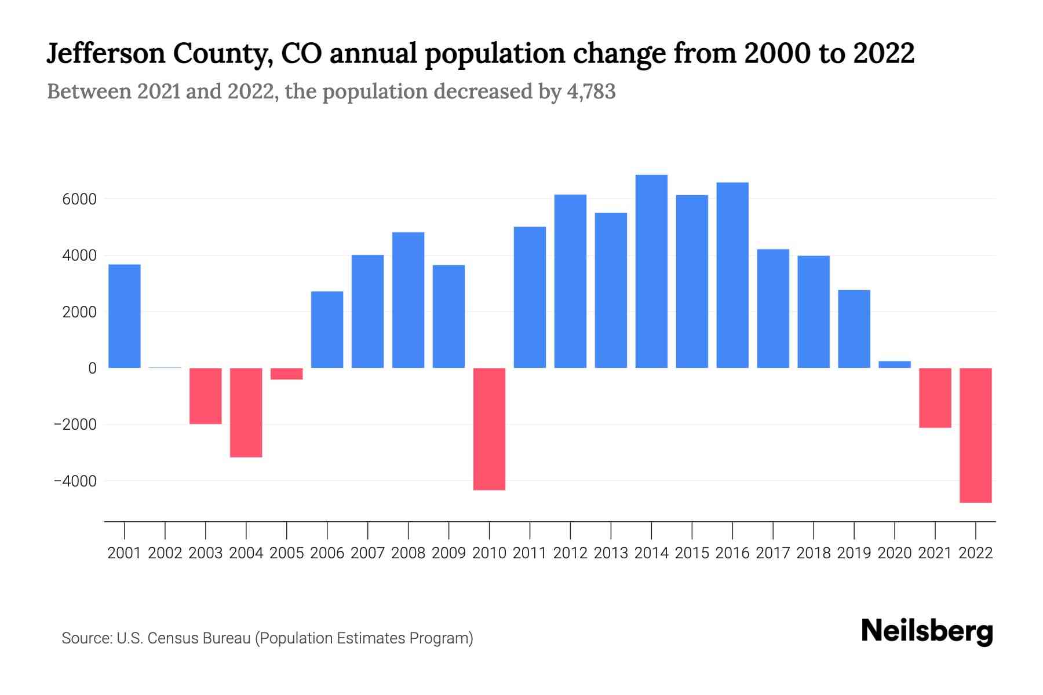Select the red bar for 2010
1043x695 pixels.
click(x=489, y=429)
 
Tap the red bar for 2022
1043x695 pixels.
click(x=976, y=435)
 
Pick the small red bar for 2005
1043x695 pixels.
click(x=286, y=374)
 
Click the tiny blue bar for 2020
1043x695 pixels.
click(x=895, y=365)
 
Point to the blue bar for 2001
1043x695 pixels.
click(x=125, y=316)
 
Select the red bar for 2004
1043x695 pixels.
click(x=246, y=412)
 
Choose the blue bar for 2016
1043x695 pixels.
click(x=732, y=275)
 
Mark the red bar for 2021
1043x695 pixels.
click(x=935, y=398)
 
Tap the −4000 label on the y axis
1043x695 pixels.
click(x=75, y=481)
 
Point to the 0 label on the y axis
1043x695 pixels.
click(x=92, y=368)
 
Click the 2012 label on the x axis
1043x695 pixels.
click(x=570, y=553)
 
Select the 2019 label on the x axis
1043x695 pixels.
click(x=854, y=553)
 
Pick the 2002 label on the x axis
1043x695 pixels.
click(x=165, y=553)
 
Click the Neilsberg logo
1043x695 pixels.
click(x=927, y=631)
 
